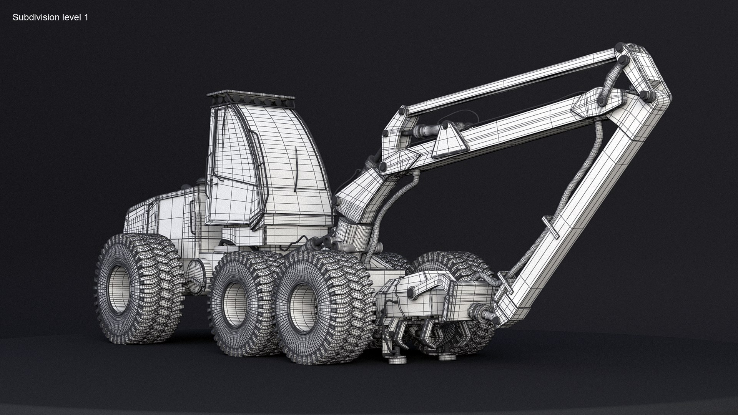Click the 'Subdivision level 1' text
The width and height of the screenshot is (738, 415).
[x=50, y=17]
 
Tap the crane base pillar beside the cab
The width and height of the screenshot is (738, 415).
[x=352, y=231]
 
